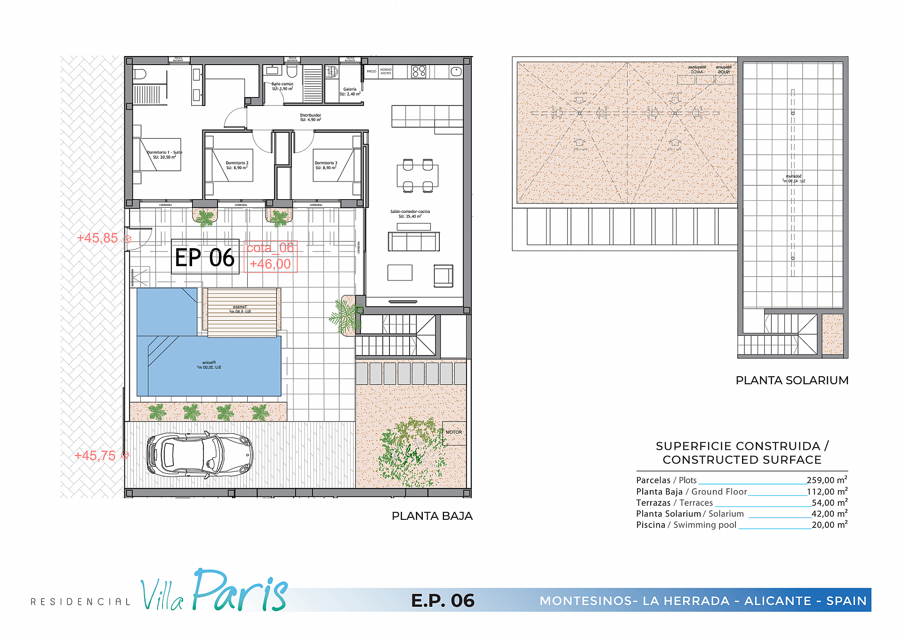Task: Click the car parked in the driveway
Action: (x=200, y=454)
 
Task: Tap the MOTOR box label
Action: (x=454, y=432)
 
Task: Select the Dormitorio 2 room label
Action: (x=237, y=165)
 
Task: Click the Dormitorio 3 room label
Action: (x=326, y=165)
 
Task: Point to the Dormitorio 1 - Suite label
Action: (x=164, y=155)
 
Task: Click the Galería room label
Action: (x=350, y=91)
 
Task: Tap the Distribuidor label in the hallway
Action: (x=310, y=117)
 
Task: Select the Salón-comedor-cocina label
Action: (x=410, y=214)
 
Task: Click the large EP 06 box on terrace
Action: (x=205, y=257)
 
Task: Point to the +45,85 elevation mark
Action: (x=97, y=238)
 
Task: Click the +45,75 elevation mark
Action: (x=95, y=456)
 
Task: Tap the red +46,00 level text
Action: (x=270, y=264)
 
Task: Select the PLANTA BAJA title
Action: (x=432, y=516)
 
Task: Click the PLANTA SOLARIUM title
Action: (x=791, y=380)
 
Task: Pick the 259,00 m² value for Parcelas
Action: (x=827, y=480)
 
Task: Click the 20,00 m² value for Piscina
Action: (x=829, y=525)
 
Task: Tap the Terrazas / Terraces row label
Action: (x=674, y=503)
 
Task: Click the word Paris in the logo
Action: (x=240, y=591)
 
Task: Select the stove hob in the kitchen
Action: (x=419, y=72)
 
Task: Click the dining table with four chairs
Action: (x=418, y=176)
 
